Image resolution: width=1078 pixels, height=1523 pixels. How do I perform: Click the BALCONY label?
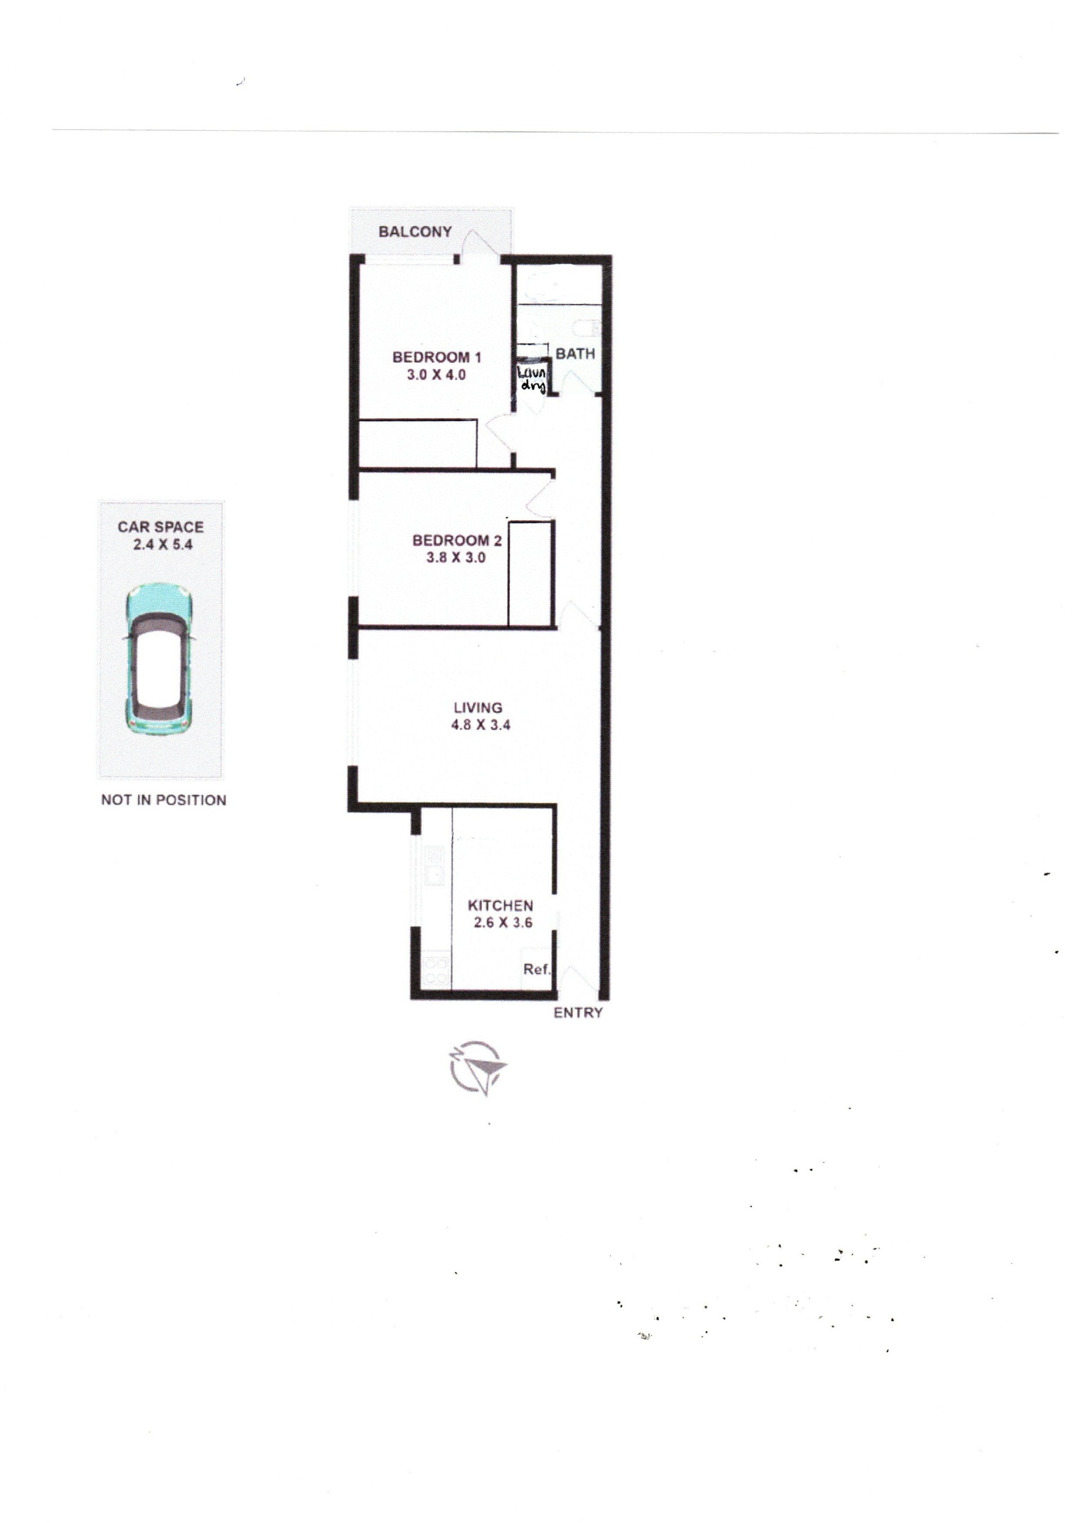pos(415,232)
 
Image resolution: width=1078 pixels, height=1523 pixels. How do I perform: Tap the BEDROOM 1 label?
pos(436,357)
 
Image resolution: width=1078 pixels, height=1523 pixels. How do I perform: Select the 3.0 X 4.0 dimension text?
pos(436,375)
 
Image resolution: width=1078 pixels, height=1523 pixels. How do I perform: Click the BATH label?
pos(575,354)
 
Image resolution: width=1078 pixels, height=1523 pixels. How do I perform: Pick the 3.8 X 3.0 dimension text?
pos(456,557)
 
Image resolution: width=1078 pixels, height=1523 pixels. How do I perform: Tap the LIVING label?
pos(478,707)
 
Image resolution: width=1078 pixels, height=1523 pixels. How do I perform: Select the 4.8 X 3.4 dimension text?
pos(481,725)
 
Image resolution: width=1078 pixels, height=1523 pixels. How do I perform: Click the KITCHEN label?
pos(500,905)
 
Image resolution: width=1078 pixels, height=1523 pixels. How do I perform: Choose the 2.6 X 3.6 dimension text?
pos(503,922)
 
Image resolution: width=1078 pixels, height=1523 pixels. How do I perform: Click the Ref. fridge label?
pos(537,969)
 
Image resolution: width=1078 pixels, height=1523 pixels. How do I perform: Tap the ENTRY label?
pos(578,1013)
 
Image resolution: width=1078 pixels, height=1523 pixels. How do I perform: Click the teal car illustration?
pos(160,659)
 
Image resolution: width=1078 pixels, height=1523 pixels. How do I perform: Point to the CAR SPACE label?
pos(161,527)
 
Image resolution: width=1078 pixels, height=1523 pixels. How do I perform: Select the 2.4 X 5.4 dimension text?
pos(161,545)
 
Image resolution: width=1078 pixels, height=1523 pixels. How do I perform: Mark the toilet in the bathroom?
pos(587,328)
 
